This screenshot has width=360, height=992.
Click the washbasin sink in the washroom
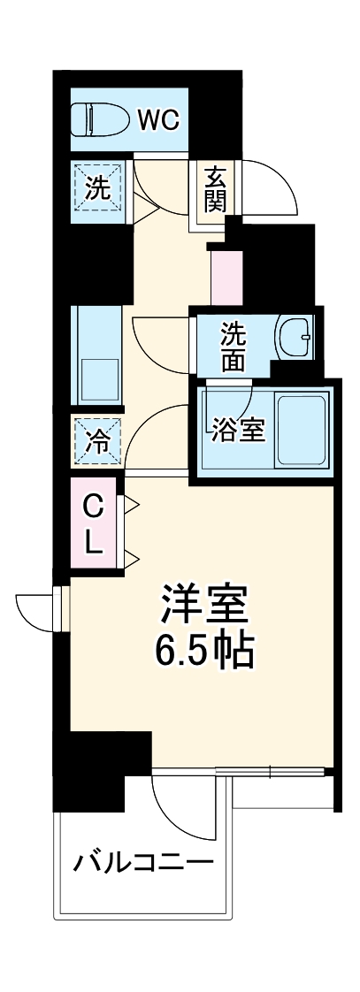coord(296,336)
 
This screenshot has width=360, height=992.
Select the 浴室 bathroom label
coord(237,431)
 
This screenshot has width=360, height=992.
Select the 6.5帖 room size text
coord(205,652)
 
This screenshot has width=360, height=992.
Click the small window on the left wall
coord(60,609)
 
